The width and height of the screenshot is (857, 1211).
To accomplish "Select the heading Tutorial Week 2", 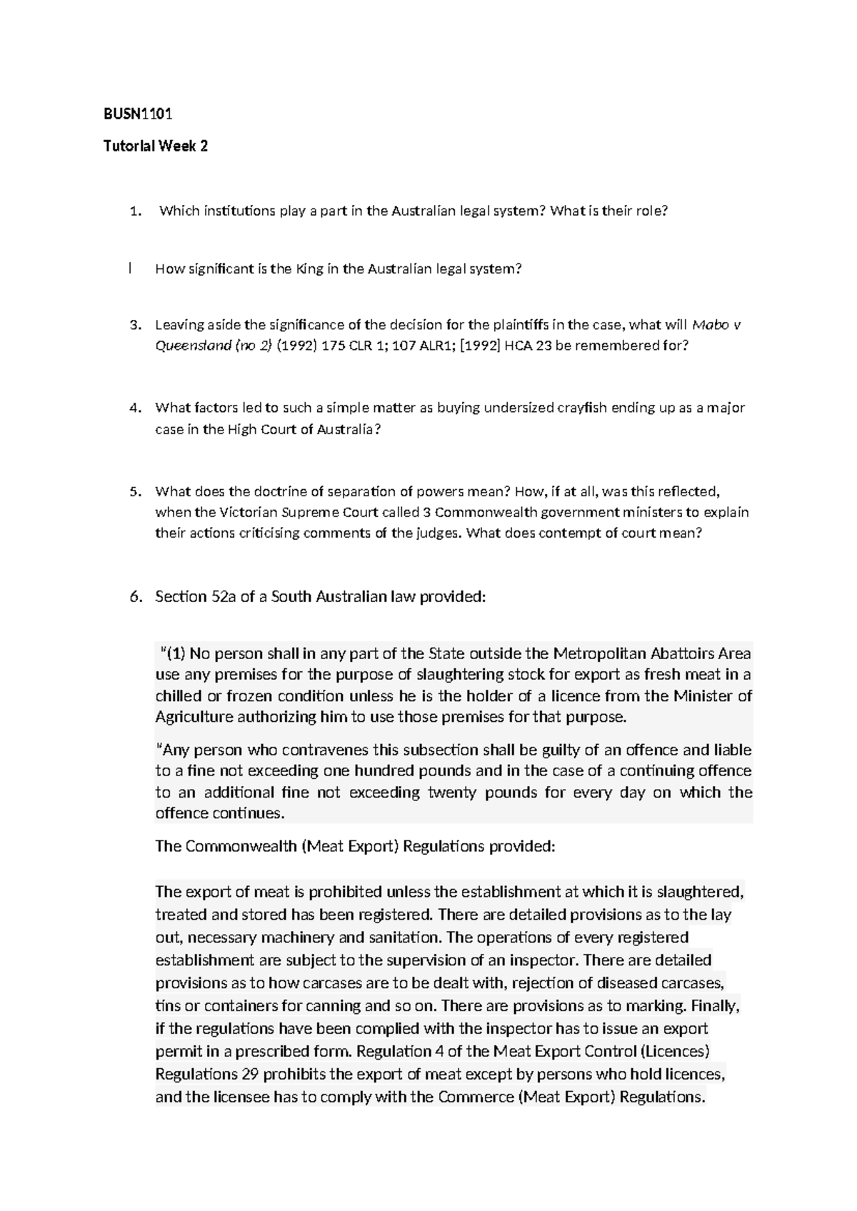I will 156,147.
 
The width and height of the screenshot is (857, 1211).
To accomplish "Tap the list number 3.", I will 134,326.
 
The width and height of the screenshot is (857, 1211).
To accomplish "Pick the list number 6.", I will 136,597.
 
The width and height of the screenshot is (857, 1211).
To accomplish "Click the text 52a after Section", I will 220,597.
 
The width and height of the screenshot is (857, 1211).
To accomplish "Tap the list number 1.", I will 134,211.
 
